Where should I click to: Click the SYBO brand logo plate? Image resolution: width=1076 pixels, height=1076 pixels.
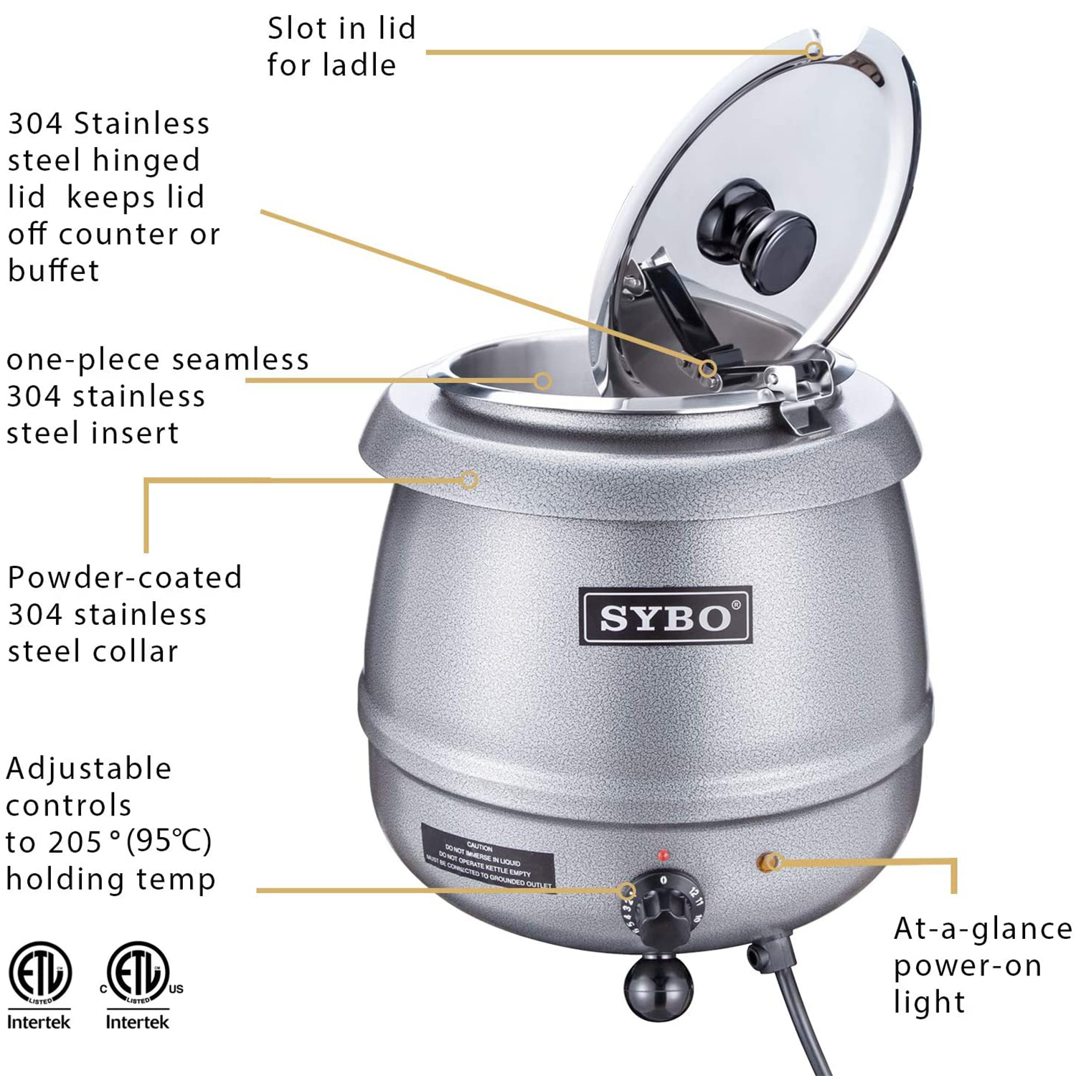coord(665,616)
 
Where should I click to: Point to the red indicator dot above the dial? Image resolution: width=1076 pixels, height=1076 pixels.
coord(664,855)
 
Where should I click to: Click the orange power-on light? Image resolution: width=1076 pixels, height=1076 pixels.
coord(769,861)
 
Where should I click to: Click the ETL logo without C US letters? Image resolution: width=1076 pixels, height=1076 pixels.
coord(40,974)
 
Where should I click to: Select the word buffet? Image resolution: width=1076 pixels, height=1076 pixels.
coord(53,271)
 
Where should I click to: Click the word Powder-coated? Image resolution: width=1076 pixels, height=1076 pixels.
coord(125,577)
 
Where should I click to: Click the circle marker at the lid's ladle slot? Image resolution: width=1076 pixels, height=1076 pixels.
coord(813,50)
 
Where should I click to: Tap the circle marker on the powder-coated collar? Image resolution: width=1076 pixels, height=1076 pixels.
coord(469,480)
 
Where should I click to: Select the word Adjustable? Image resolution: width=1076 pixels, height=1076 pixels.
coord(89,769)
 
